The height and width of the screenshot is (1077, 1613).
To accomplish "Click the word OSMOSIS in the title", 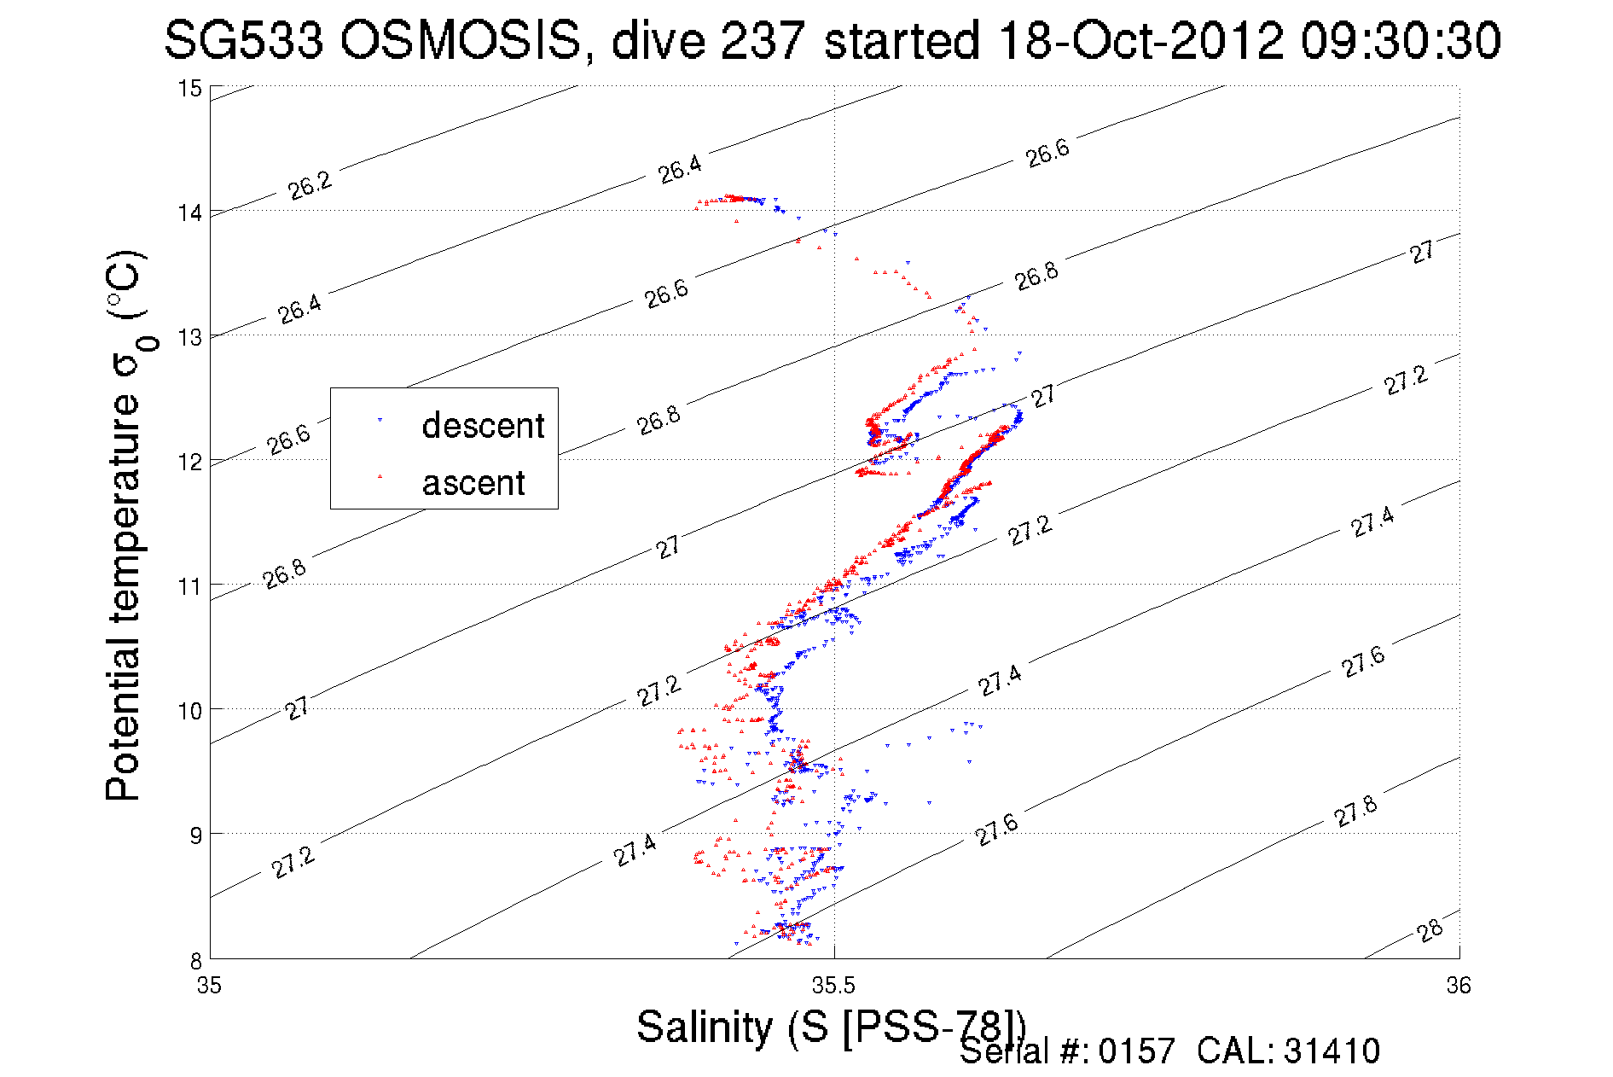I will coord(461,40).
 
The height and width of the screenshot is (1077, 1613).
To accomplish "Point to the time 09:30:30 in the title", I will coord(1401,40).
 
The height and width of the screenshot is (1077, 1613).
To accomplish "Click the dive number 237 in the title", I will coord(763,40).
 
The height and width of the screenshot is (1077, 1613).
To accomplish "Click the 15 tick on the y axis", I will coord(189,88).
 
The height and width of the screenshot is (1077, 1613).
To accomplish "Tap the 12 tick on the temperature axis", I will coord(189,462).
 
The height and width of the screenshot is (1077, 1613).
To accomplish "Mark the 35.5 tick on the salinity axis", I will coord(833,986).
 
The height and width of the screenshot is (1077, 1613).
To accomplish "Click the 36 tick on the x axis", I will coord(1458,986).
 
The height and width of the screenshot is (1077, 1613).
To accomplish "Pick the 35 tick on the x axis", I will coord(210,986).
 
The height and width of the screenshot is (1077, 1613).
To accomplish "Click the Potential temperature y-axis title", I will coord(126,525).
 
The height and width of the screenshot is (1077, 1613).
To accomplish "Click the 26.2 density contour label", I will coord(310,184).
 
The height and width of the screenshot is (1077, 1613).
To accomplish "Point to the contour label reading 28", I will coord(1430,930).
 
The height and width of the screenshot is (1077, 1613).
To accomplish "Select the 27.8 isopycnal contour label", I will coord(1355,811).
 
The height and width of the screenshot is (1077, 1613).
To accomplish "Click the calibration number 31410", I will coord(1331,1051).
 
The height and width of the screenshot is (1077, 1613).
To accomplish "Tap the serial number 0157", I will coord(1136,1051).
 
